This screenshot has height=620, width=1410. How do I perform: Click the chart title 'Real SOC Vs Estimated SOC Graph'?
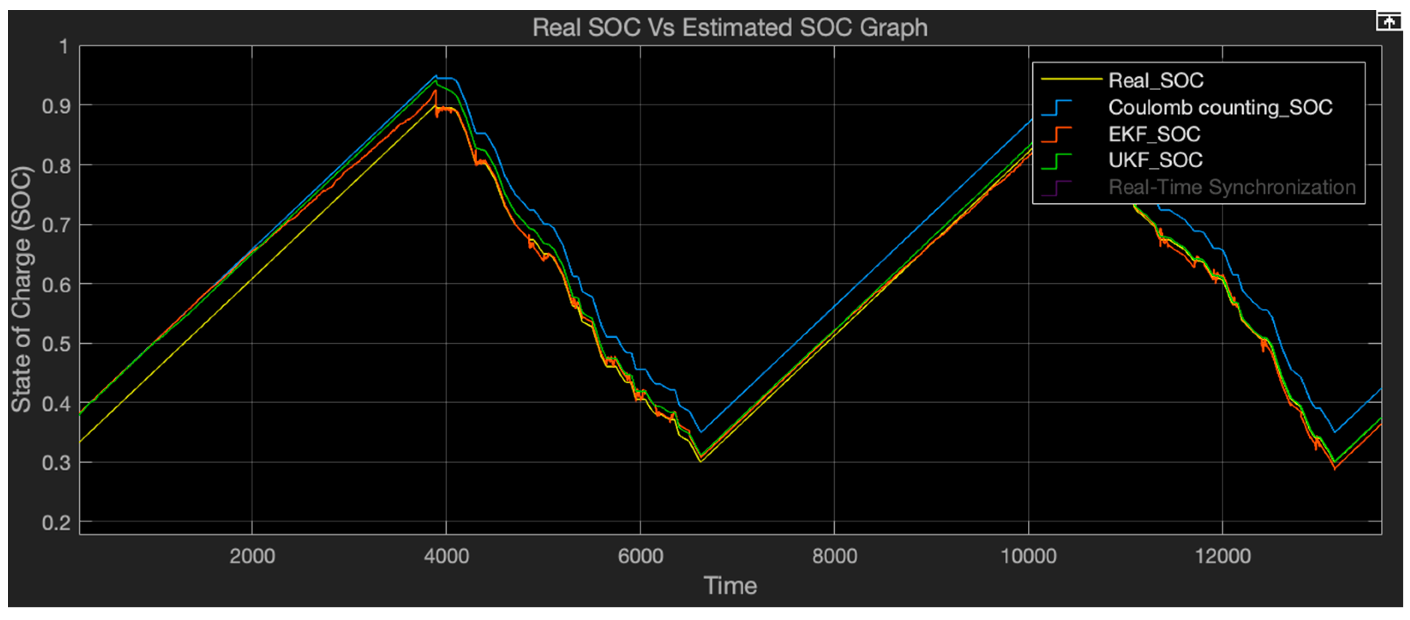(x=730, y=27)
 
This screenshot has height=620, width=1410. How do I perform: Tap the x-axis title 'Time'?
(x=730, y=586)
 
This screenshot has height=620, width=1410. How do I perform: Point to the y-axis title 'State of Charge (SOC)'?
(x=22, y=289)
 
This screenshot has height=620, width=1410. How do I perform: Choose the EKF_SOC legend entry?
(x=1154, y=134)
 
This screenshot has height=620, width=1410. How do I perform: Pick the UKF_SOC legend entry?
(x=1155, y=160)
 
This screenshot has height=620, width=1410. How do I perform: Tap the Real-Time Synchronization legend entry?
(x=1232, y=187)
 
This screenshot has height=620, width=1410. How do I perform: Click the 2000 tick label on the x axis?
(x=252, y=557)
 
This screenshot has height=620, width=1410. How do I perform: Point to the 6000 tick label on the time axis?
(x=640, y=557)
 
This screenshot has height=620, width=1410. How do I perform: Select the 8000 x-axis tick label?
(x=834, y=557)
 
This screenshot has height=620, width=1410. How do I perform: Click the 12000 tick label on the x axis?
(x=1222, y=557)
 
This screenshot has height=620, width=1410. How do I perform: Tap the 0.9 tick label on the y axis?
(x=57, y=106)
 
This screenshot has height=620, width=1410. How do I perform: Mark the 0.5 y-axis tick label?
(x=57, y=344)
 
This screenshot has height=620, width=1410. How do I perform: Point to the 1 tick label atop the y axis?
(x=64, y=47)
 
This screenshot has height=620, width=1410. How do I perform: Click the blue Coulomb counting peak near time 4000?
(x=436, y=75)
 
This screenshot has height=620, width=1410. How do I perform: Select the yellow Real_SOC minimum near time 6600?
(x=701, y=462)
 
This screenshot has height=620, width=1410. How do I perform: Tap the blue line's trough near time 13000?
(x=1335, y=432)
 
